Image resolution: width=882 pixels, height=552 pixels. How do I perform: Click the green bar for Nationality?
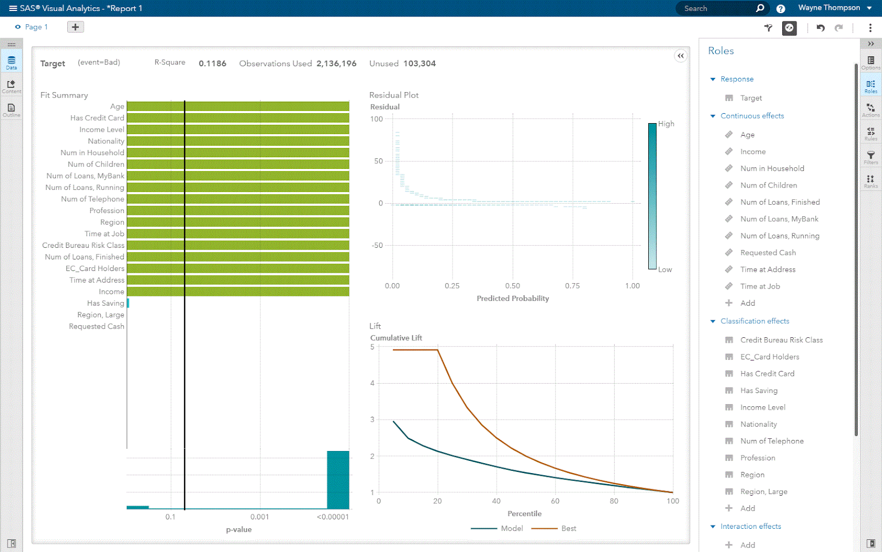coord(238,141)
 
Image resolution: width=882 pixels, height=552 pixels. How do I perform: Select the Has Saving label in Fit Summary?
coord(105,303)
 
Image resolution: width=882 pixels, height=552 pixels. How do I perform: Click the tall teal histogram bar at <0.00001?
coord(338,480)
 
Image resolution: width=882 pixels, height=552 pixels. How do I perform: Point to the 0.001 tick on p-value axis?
coord(260,517)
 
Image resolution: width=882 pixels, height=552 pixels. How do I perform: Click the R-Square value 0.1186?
coord(212,63)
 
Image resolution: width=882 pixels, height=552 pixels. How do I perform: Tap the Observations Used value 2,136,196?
coord(336,63)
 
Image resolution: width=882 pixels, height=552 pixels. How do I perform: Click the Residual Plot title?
coord(394,95)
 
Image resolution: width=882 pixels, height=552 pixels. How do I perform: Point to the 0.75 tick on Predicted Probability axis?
coord(572,286)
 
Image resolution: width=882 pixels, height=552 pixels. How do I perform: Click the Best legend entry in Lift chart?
coord(568,528)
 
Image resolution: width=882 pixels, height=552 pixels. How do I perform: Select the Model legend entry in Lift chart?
coord(512,528)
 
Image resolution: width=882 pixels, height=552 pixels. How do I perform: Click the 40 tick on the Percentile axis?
coord(496,501)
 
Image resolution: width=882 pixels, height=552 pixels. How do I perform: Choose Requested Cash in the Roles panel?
coord(768,253)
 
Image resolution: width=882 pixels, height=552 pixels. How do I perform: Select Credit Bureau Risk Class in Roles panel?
coord(781,340)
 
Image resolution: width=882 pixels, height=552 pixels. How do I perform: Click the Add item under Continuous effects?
coord(747,303)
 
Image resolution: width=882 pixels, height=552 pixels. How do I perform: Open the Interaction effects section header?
coord(750,527)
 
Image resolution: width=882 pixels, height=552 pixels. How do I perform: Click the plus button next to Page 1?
coord(76,27)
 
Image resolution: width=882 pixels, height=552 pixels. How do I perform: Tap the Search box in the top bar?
coord(717,8)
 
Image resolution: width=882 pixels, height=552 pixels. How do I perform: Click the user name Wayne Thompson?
coord(829,8)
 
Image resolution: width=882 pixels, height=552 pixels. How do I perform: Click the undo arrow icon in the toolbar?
coord(821,28)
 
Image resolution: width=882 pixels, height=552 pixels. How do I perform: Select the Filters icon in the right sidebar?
coord(870,157)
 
